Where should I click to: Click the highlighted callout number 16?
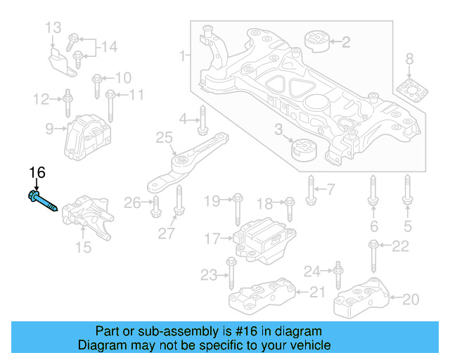(x=37, y=172)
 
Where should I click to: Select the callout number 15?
(x=83, y=246)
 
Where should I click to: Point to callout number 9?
(x=49, y=129)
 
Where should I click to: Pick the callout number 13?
(x=53, y=28)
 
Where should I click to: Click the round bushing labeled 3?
(x=304, y=150)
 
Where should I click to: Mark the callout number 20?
(x=410, y=300)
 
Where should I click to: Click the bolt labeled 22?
(x=373, y=255)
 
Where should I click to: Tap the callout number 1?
(x=184, y=54)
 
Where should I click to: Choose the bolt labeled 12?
(x=67, y=103)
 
